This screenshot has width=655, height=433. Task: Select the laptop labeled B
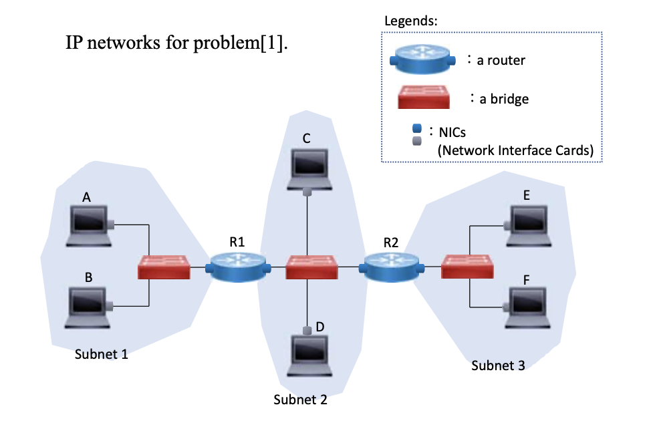pyautogui.click(x=88, y=306)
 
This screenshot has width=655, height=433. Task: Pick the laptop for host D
pyautogui.click(x=311, y=354)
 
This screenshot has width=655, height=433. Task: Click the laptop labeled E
pyautogui.click(x=528, y=224)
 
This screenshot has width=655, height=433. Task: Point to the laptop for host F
pyautogui.click(x=528, y=306)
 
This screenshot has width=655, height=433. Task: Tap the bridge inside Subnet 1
pyautogui.click(x=164, y=267)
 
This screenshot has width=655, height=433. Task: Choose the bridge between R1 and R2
pyautogui.click(x=311, y=267)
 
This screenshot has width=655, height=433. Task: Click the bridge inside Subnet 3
pyautogui.click(x=468, y=267)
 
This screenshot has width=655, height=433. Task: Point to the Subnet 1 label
pyautogui.click(x=101, y=354)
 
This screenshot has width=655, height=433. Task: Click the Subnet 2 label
pyautogui.click(x=300, y=400)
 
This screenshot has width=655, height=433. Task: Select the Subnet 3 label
pyautogui.click(x=498, y=365)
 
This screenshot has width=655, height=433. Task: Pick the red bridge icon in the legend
pyautogui.click(x=424, y=98)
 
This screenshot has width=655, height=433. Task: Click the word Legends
pyautogui.click(x=410, y=20)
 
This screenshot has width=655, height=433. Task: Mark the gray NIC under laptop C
pyautogui.click(x=307, y=192)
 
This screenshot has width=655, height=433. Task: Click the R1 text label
pyautogui.click(x=237, y=243)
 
